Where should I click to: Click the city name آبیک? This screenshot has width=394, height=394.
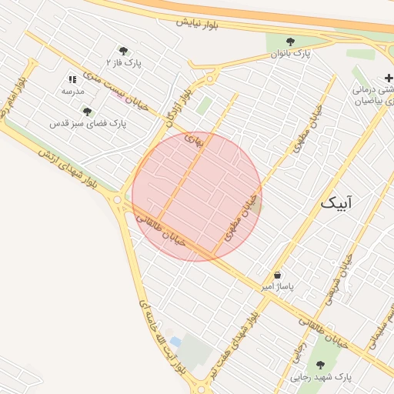click(x=339, y=203)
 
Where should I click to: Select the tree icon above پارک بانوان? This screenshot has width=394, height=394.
click(x=290, y=42)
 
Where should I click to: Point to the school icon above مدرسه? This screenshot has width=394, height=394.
click(x=73, y=79)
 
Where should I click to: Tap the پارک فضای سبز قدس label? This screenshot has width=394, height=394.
click(x=87, y=123)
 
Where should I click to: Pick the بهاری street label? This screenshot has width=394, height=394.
click(x=192, y=139)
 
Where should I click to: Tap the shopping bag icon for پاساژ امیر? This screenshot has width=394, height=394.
click(x=277, y=275)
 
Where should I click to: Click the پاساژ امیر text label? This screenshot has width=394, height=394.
click(x=277, y=286)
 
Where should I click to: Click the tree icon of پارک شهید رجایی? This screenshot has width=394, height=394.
click(x=320, y=365)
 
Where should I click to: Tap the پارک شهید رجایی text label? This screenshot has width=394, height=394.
click(x=322, y=378)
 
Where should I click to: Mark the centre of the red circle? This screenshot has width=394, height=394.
click(x=197, y=196)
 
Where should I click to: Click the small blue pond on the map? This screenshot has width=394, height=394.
click(x=175, y=341)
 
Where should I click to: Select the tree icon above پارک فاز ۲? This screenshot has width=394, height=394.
click(x=123, y=50)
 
